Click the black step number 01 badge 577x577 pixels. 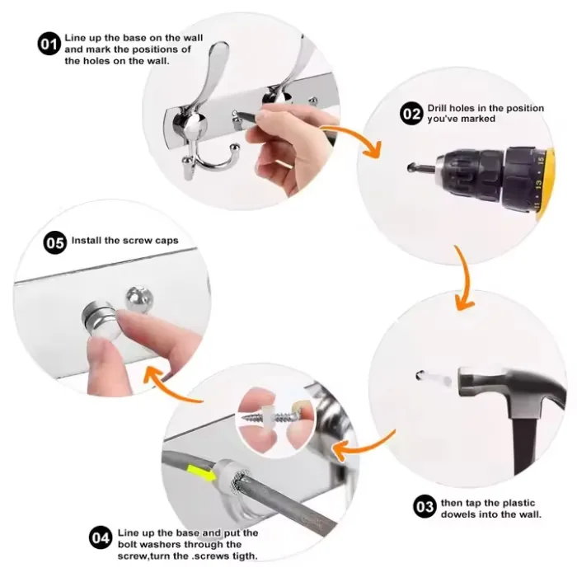pyautogui.click(x=49, y=45)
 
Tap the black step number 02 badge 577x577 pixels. pyautogui.click(x=411, y=114)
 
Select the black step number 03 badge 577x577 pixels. pyautogui.click(x=425, y=506)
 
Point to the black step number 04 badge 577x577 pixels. pyautogui.click(x=100, y=537)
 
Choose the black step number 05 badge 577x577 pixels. pyautogui.click(x=55, y=242)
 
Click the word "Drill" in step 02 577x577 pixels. pyautogui.click(x=437, y=108)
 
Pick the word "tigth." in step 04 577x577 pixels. pyautogui.click(x=244, y=556)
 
